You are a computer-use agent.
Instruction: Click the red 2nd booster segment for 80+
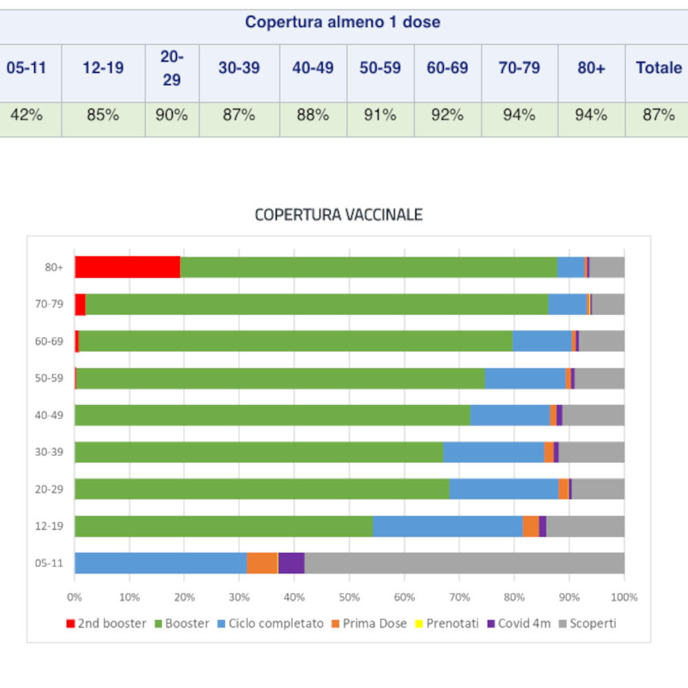tap(127, 267)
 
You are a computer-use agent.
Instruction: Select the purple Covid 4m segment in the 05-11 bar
tap(291, 563)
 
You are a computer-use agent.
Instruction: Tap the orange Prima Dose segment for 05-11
tap(262, 563)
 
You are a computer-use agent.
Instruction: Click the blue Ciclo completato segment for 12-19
tap(447, 526)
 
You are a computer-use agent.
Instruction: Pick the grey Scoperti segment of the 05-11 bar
tap(464, 563)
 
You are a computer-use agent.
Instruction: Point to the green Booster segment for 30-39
tap(259, 452)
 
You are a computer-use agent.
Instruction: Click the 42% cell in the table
tap(26, 116)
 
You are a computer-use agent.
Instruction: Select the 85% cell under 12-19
tap(103, 116)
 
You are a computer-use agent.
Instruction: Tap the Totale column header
tap(658, 68)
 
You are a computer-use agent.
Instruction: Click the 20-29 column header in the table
tap(171, 68)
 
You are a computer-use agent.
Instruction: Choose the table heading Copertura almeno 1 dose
tap(343, 22)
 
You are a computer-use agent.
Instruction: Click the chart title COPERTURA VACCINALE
tap(338, 215)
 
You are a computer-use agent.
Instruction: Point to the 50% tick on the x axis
tap(349, 597)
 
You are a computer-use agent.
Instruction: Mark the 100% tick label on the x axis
tap(623, 597)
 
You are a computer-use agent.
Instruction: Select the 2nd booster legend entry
tap(106, 624)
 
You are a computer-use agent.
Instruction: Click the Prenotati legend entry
tap(446, 624)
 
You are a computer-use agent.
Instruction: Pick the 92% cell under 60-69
tap(447, 116)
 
